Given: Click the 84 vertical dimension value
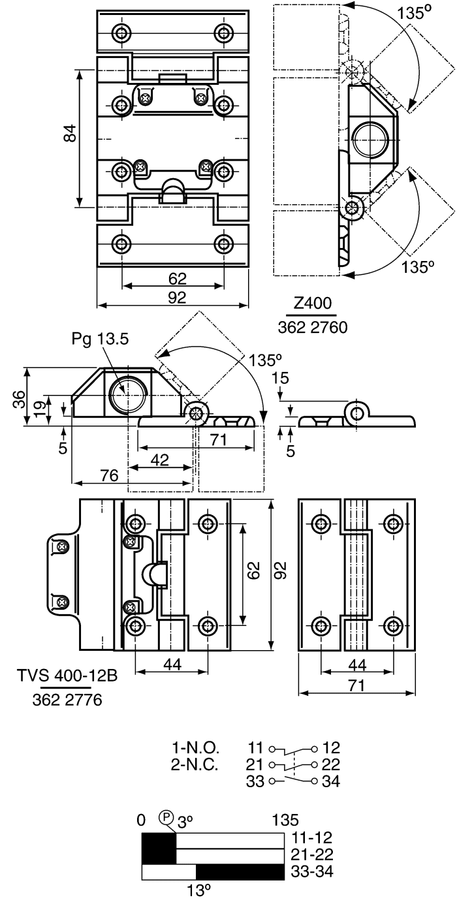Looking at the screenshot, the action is (71, 133).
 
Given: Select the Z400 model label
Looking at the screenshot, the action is (312, 303).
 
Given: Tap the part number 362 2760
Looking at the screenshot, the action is (313, 327).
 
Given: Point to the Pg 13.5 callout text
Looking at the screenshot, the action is (100, 339).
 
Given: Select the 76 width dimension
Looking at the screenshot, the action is (109, 475).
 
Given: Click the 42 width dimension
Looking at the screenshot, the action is (160, 460).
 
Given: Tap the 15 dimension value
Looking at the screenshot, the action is (280, 378).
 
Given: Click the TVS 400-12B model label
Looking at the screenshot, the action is (67, 676).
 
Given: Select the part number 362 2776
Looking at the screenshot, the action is (67, 700).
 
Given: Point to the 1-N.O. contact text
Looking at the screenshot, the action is (196, 747).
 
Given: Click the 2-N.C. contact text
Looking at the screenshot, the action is (195, 764).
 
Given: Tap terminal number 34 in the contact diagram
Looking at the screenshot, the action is (331, 781).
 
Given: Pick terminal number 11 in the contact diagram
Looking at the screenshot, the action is (255, 747).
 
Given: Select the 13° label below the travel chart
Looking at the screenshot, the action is (199, 890).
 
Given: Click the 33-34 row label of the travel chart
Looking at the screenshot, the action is (312, 871).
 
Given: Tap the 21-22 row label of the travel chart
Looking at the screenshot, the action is (312, 854).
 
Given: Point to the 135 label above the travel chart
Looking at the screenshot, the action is (285, 820).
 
